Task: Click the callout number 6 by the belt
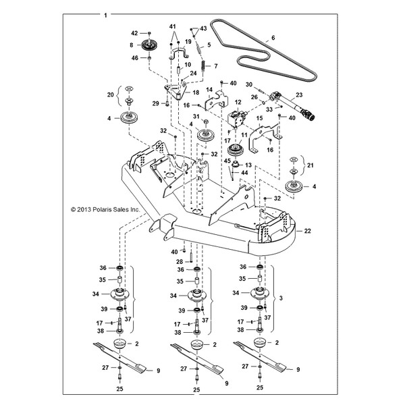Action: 273,39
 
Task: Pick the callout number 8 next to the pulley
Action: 131,46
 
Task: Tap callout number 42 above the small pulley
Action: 134,33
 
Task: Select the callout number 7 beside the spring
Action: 216,66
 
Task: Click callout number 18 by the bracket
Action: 196,92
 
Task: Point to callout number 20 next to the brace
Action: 112,96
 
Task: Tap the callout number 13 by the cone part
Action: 248,165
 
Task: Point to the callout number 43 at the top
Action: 203,28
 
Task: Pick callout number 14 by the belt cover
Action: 210,90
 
